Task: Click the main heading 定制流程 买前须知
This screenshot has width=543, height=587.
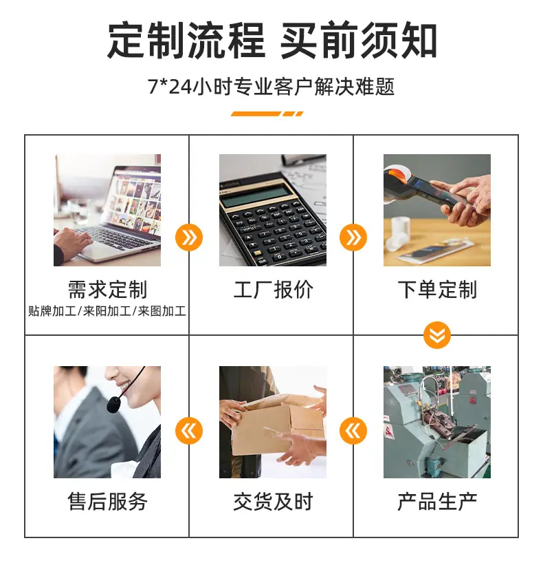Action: (272, 40)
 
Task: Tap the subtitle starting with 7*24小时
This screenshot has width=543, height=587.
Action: (271, 87)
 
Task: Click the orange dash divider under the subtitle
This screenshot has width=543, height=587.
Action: (267, 114)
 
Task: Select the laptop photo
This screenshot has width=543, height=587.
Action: (107, 210)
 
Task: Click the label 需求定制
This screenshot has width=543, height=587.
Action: (107, 290)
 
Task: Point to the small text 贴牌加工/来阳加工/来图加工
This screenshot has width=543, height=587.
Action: (107, 311)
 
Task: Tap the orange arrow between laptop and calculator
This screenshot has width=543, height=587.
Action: (189, 237)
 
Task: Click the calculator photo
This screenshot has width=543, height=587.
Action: (273, 210)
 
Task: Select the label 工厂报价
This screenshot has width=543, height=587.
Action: (273, 290)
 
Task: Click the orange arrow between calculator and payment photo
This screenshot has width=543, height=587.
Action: (353, 237)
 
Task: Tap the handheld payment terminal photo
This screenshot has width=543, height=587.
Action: (437, 210)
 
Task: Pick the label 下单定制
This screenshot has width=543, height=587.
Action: (437, 290)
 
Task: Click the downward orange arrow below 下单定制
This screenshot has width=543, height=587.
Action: (437, 335)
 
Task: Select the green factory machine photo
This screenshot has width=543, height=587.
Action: (437, 422)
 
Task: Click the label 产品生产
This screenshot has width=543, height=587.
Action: (437, 501)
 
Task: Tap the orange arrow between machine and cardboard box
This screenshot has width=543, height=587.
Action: (353, 431)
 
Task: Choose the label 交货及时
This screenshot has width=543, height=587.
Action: (273, 501)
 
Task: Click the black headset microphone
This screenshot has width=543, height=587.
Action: (113, 405)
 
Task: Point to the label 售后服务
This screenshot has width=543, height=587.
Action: (107, 501)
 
